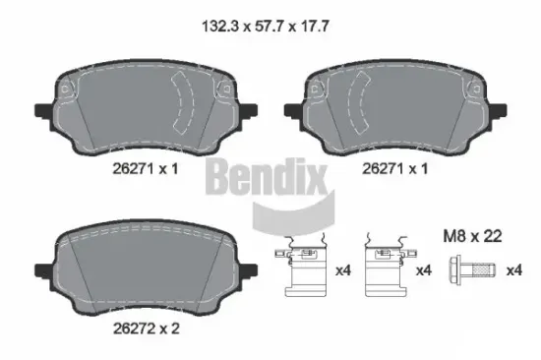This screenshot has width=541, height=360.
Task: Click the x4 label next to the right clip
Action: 423,270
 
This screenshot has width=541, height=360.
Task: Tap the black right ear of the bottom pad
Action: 249,269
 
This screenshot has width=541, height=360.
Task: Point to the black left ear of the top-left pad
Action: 41,111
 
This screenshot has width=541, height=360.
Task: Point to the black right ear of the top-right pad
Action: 500,111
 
